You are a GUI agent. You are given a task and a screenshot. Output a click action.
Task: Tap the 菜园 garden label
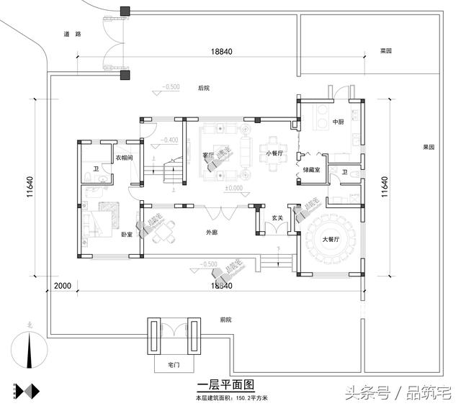tap(385, 51)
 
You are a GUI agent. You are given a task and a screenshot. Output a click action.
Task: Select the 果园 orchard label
tap(429, 147)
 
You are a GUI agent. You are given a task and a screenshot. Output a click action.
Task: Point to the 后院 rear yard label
tap(203, 89)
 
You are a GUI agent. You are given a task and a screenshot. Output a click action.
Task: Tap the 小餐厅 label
tap(274, 153)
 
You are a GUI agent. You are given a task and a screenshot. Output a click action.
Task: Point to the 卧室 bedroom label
tap(127, 235)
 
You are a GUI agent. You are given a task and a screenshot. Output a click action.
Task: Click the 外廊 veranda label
tap(211, 233)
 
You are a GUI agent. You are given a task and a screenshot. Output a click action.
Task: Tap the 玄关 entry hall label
tap(277, 217)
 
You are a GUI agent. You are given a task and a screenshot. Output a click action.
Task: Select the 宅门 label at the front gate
tap(173, 366)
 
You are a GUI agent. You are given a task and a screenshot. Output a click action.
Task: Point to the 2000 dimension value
tap(63, 286)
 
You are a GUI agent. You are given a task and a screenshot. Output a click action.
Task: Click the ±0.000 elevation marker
tap(233, 189)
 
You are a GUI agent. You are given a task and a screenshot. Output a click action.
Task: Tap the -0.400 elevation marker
tap(170, 140)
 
